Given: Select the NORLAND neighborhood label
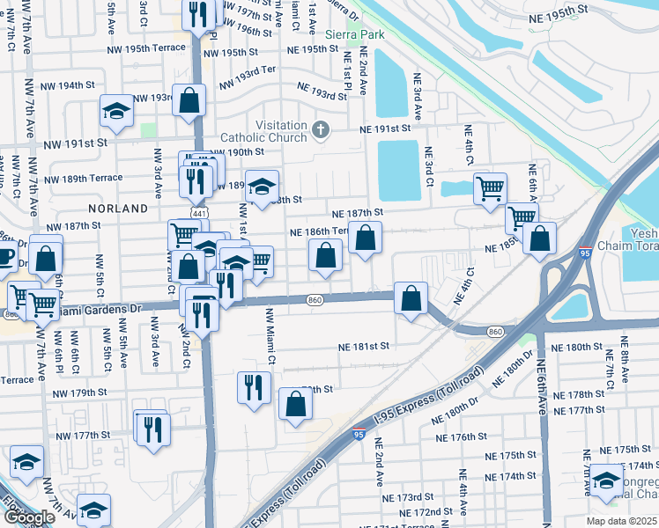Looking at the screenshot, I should coord(117,209).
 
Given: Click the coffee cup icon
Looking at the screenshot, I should coord(5,256).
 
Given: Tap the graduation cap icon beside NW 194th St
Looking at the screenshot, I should coord(115,110).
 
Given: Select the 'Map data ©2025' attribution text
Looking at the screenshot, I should coord(620,521).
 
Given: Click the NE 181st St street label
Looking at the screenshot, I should coord(364,348).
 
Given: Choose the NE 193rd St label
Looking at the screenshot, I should coord(322,92).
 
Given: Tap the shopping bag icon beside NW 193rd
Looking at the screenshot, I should coord(189,100).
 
